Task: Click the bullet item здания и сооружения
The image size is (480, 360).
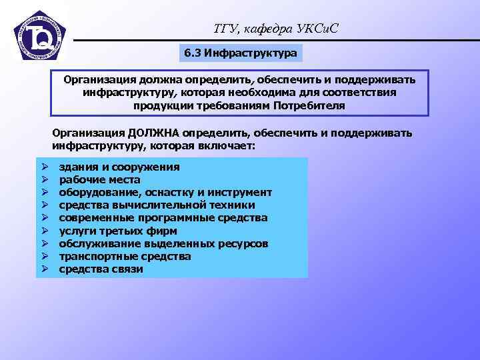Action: coord(119,167)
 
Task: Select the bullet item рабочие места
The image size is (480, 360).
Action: coord(99,179)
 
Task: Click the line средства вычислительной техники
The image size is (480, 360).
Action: coord(157,205)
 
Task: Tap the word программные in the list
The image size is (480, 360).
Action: coord(181,218)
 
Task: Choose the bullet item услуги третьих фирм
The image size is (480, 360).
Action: coord(118,231)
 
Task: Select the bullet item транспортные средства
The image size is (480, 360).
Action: coord(125,257)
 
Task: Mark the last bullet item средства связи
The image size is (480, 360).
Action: coord(101,269)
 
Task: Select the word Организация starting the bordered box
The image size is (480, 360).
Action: coord(98,80)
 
